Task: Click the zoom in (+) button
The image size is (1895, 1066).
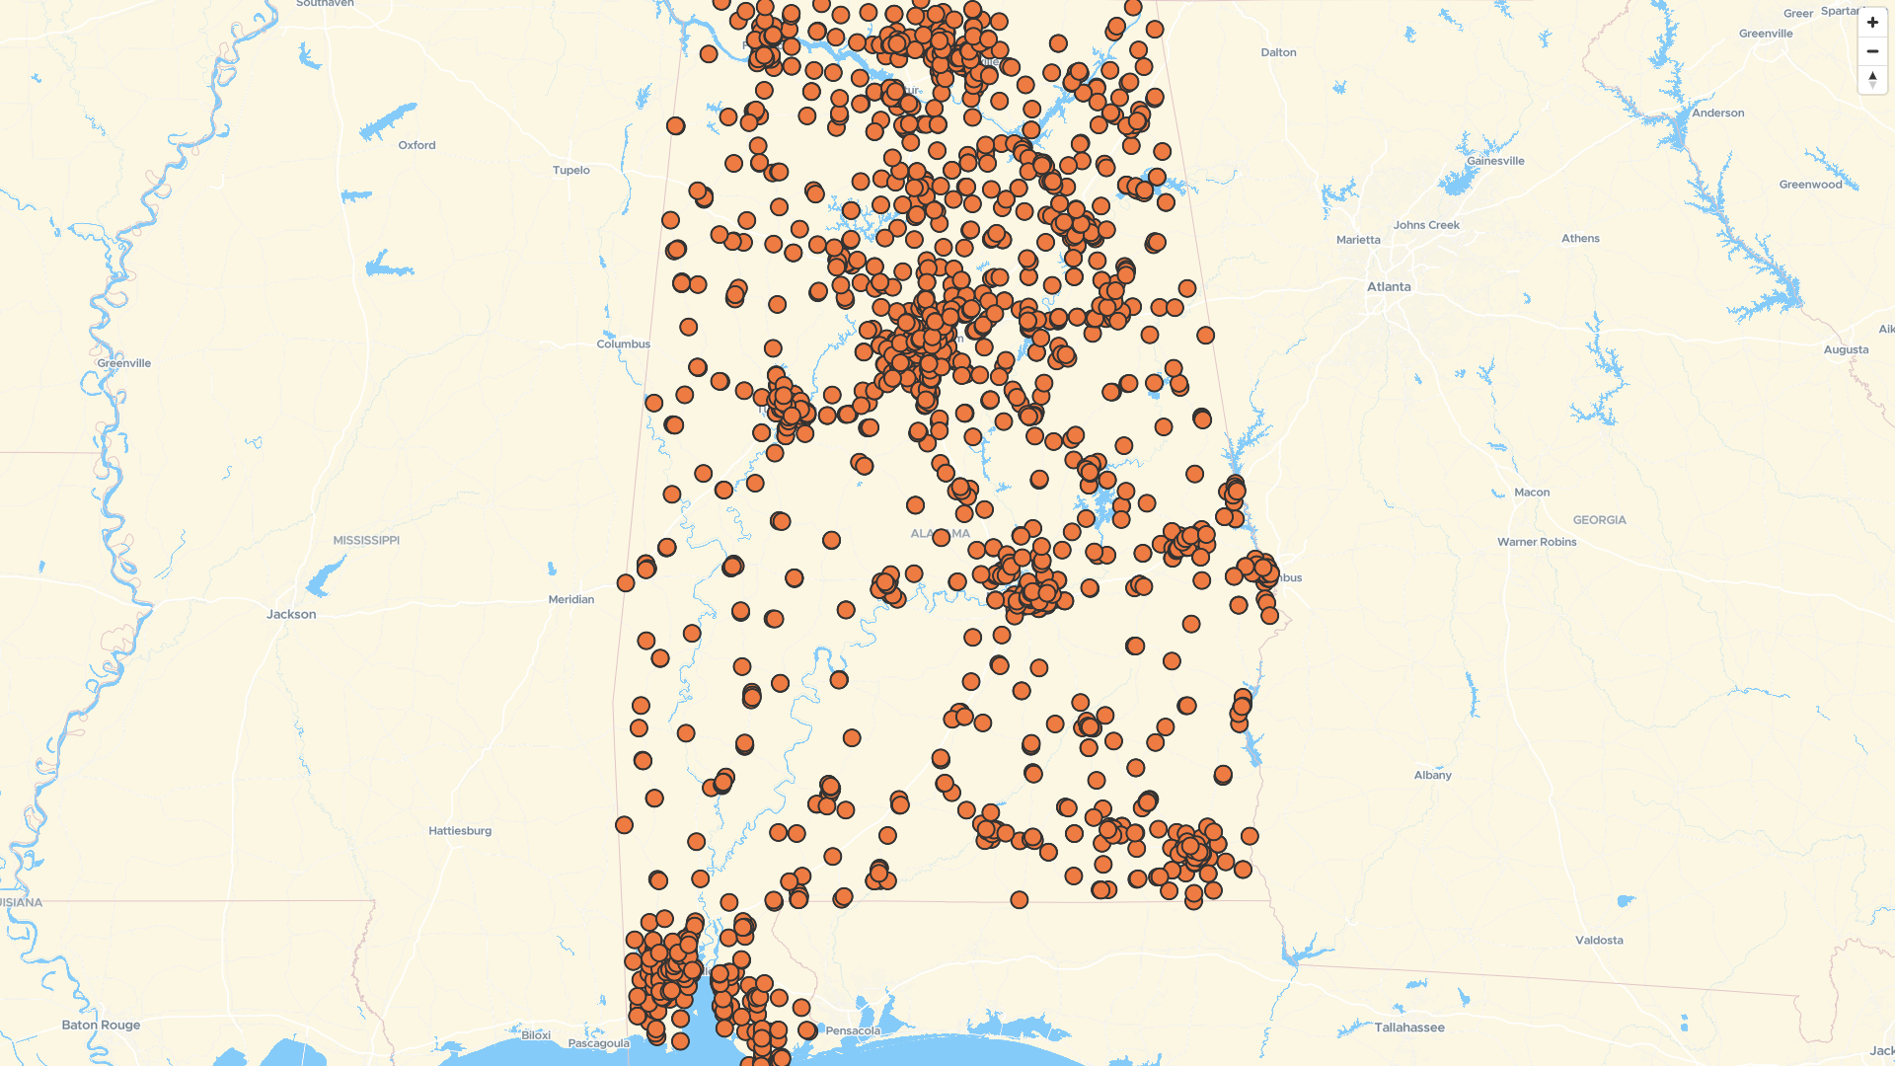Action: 1872,23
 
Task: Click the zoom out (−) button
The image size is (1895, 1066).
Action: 1872,51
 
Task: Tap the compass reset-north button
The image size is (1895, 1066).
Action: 1872,80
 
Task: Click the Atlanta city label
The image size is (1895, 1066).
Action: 1389,287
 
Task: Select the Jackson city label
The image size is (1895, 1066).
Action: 291,614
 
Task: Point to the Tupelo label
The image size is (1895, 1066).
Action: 571,171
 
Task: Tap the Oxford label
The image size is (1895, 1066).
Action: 417,145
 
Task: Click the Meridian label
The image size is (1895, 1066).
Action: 571,600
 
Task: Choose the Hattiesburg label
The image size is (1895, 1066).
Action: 460,831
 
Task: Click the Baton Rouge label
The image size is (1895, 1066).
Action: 101,1026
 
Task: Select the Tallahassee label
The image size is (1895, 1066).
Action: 1409,1028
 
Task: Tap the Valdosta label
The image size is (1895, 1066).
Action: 1599,941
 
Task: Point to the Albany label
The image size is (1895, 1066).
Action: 1432,776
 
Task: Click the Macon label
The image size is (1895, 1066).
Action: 1532,493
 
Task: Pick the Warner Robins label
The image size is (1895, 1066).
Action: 1537,542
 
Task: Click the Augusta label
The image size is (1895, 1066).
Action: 1846,350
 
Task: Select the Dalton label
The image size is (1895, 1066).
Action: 1278,53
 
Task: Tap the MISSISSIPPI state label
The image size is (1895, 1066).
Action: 366,541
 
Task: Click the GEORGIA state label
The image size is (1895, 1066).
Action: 1599,520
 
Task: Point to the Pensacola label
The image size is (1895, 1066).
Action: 853,1031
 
